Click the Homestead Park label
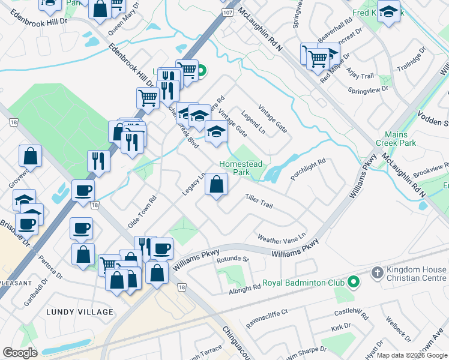click(241, 168)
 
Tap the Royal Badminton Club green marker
click(354, 281)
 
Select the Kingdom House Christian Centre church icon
click(377, 272)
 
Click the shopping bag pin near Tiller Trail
click(217, 185)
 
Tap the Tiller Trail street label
click(259, 202)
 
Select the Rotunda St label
click(233, 259)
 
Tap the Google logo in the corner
click(20, 353)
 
